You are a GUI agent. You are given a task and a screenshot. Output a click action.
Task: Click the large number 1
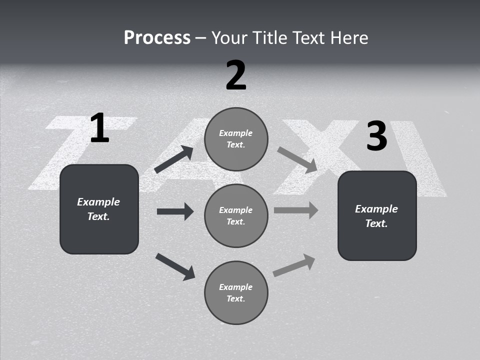click(99, 128)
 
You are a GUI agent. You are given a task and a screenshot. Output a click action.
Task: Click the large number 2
click(235, 75)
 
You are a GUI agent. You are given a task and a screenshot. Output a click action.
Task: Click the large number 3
click(376, 136)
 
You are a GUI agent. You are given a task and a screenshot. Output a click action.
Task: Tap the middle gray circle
click(236, 215)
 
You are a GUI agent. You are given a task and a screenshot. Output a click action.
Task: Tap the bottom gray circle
click(236, 292)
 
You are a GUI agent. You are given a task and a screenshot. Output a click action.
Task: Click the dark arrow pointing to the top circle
click(174, 159)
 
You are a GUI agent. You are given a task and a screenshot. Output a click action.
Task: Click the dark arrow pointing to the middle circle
click(175, 211)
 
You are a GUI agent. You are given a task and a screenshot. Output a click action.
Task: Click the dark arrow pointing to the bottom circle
click(175, 266)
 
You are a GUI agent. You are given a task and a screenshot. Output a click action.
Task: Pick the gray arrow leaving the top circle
click(297, 160)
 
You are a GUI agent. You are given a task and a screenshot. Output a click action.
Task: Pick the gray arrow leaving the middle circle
click(296, 210)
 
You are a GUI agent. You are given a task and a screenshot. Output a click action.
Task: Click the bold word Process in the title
click(157, 37)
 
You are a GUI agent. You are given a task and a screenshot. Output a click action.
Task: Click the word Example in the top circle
click(236, 133)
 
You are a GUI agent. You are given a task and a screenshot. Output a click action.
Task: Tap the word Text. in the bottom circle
click(236, 298)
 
